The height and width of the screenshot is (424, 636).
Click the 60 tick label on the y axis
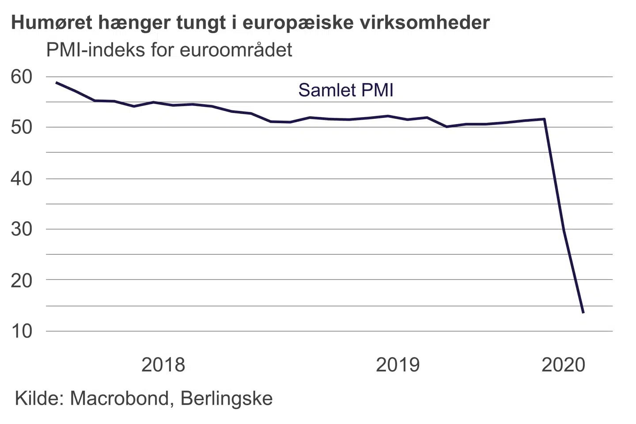22,77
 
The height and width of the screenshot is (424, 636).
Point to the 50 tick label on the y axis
22,128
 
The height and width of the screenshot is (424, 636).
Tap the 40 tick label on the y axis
22,179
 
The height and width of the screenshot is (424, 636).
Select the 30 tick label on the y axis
22,229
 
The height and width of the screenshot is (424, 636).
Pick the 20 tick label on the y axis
22,280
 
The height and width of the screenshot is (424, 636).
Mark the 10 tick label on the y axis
22,331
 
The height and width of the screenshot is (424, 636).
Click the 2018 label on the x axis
163,365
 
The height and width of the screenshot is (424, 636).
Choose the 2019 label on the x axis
397,365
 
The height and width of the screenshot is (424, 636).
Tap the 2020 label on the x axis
563,365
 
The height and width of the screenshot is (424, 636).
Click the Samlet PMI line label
345,90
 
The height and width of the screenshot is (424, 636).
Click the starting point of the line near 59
56,83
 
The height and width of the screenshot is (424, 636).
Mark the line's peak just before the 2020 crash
545,119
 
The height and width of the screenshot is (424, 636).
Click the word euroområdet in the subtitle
236,50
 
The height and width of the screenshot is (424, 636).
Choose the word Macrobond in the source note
120,398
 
